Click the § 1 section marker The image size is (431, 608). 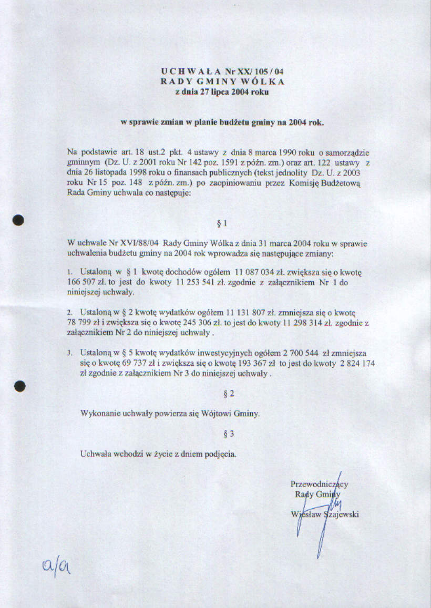[x=222, y=223]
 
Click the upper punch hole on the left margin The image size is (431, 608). [x=19, y=220]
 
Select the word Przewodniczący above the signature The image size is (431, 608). [x=319, y=484]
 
